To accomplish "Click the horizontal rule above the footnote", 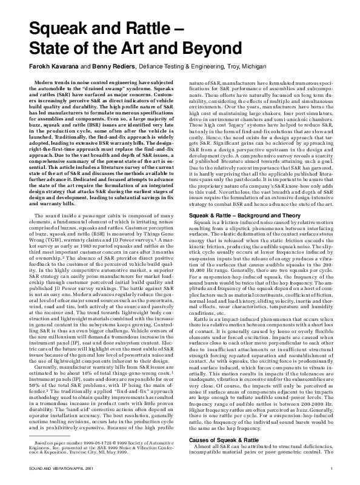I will pyautogui.click(x=45, y=439).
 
